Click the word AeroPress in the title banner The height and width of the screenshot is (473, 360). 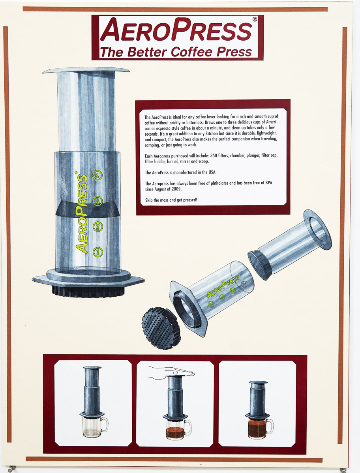(x=176, y=30)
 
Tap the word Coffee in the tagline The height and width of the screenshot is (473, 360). (x=191, y=52)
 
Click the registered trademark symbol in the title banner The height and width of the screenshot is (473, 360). (x=254, y=19)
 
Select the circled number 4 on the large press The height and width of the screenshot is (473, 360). (x=97, y=175)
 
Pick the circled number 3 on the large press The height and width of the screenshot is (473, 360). (x=97, y=201)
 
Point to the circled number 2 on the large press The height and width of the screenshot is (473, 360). (x=97, y=226)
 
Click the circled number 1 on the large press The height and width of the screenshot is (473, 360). (x=98, y=252)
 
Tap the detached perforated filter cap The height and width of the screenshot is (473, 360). (x=161, y=328)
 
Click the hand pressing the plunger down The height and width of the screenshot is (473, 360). (x=171, y=372)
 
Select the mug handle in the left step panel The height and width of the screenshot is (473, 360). (x=104, y=424)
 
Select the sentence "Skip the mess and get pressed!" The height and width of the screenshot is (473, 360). (x=171, y=200)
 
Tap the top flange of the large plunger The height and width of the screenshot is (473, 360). (x=86, y=70)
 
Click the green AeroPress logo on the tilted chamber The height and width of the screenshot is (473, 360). (x=223, y=286)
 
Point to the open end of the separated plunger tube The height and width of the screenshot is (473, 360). (x=317, y=230)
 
